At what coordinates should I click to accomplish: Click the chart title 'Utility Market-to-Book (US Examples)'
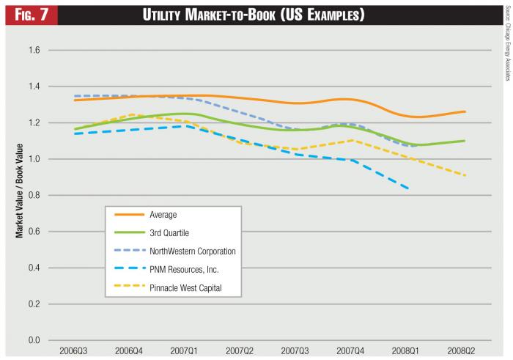[x=270, y=15]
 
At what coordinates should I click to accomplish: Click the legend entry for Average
[x=164, y=215]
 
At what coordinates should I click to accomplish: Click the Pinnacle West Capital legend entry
[x=185, y=288]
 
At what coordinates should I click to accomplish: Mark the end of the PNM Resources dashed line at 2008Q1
[x=407, y=188]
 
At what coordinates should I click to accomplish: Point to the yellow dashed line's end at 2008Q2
[x=464, y=175]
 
